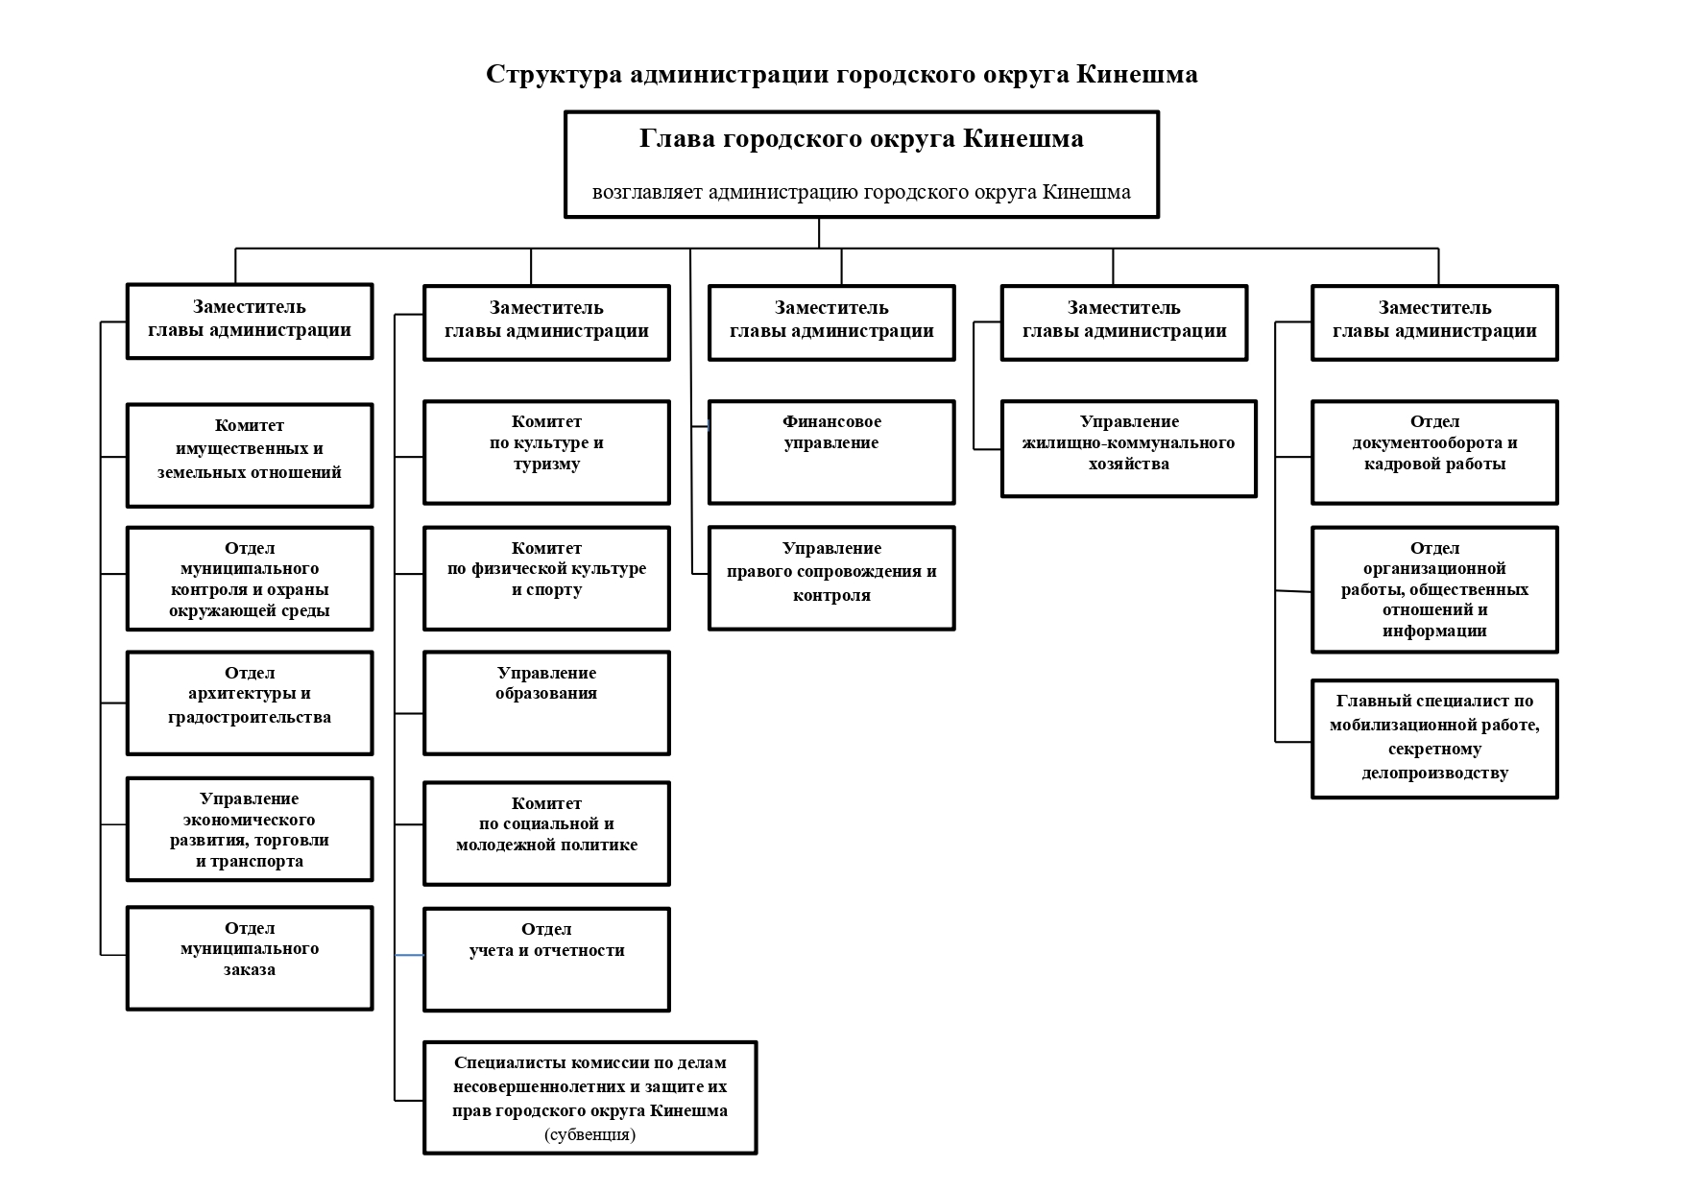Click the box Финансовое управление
click(831, 452)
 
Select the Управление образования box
click(546, 703)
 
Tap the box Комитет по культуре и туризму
click(546, 452)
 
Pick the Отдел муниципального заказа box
click(250, 958)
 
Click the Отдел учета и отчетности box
click(546, 959)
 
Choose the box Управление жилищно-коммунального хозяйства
click(1128, 448)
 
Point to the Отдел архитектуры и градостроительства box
click(250, 703)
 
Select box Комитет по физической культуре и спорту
click(546, 578)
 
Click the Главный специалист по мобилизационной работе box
click(1434, 739)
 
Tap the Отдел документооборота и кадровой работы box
click(1434, 452)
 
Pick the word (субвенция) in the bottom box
click(589, 1134)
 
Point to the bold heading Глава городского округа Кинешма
click(861, 138)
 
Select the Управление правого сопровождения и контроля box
click(831, 578)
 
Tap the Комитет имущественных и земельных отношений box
click(250, 455)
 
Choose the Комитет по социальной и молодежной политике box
click(546, 833)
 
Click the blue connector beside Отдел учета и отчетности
click(409, 955)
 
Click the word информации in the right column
click(1434, 631)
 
